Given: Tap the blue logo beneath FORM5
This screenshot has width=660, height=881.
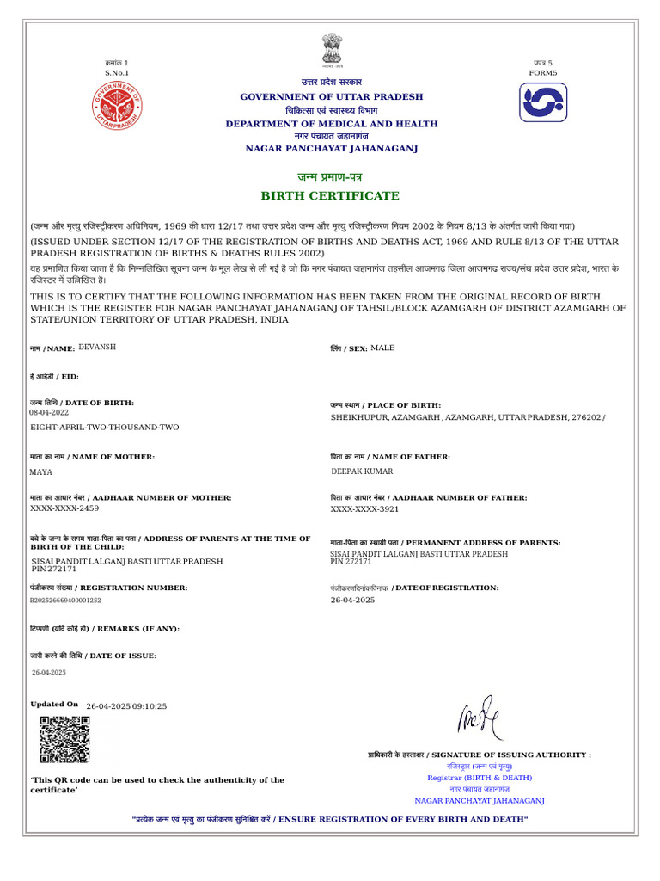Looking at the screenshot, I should pos(543,102).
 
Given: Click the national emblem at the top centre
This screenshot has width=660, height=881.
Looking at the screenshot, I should pos(331,51).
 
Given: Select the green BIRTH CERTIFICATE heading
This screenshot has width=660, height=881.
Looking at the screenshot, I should pos(331,196).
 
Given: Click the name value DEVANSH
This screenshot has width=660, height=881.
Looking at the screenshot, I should pos(97,347).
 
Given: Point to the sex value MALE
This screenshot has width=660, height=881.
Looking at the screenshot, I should pos(383,348).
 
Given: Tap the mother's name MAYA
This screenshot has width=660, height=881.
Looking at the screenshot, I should pos(41,472).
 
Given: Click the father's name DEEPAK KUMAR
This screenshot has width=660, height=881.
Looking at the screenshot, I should pos(363,471).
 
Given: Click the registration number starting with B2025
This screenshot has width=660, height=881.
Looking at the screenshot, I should pos(65,601).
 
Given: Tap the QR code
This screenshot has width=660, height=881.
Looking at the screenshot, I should pos(64,739).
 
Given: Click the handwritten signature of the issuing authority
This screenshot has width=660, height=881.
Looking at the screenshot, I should pos(481,718).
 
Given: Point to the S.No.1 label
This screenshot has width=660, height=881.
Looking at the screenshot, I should pos(117,73).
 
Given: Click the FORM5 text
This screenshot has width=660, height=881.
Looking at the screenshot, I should pos(543,73).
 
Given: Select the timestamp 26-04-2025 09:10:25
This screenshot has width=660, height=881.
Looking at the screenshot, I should pos(126,706).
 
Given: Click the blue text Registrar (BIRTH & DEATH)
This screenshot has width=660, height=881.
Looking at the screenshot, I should pos(480,778).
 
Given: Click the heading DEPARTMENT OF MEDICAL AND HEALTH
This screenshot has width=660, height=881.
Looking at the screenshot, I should pos(331,124).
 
